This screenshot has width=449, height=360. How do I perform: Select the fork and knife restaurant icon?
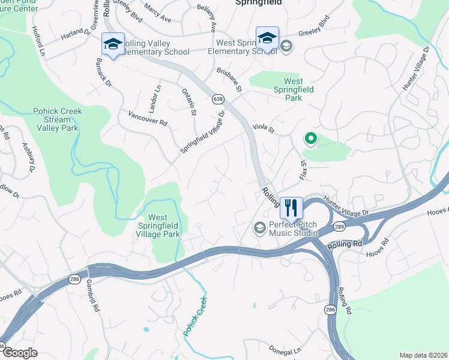tap(291, 208)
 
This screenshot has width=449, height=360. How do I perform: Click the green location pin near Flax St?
tap(310, 139)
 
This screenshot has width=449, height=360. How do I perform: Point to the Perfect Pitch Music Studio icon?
tap(259, 227)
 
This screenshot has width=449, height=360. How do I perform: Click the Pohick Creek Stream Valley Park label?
tap(58, 119)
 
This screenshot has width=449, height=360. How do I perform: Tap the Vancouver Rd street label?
tap(148, 118)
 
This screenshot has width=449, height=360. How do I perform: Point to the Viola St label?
tap(263, 128)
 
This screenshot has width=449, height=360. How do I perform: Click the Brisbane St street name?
tap(229, 80)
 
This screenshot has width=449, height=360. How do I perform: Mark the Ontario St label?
tap(189, 101)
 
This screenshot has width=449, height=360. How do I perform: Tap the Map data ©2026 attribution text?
tap(423, 355)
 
